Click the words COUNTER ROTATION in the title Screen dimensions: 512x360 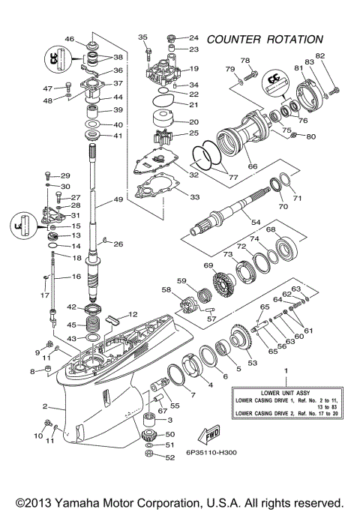[265, 38]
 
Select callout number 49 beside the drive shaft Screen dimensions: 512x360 [118, 199]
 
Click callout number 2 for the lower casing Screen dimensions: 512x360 [46, 406]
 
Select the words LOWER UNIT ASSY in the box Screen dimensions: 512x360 [284, 391]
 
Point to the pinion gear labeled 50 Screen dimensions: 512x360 [148, 434]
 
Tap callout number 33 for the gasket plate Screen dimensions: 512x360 [194, 197]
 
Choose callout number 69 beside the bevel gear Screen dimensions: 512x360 [208, 265]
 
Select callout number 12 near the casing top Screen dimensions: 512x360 [133, 314]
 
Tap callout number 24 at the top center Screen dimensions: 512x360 [193, 37]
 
